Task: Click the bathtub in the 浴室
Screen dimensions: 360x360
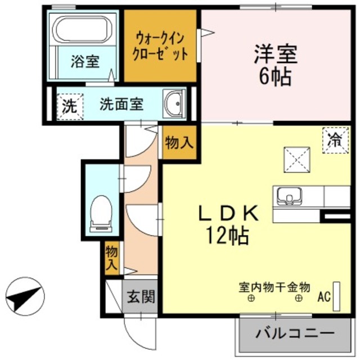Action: (x=82, y=28)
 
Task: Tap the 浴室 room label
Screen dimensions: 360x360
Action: (x=85, y=61)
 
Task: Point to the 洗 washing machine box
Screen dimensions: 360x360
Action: (x=69, y=105)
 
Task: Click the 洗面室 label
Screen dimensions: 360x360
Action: (x=121, y=105)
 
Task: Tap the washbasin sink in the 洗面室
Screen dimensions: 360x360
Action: (x=174, y=103)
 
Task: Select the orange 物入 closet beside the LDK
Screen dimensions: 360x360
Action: (x=179, y=143)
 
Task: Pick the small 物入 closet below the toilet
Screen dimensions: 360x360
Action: (x=111, y=257)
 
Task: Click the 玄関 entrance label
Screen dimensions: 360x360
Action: (x=139, y=296)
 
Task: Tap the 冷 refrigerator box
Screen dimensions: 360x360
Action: (x=334, y=139)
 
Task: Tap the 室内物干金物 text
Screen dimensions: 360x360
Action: (x=275, y=286)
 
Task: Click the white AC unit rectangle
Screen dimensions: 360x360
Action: (x=337, y=295)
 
